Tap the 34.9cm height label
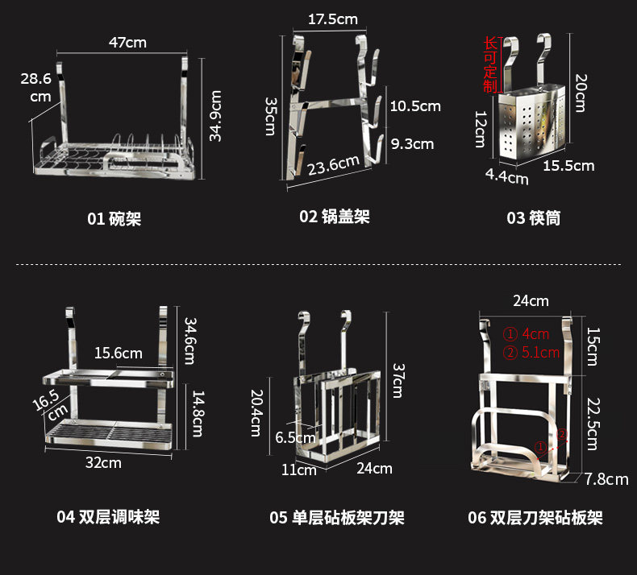click(216, 115)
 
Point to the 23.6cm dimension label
click(334, 164)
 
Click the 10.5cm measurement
click(415, 106)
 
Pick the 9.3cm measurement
click(412, 144)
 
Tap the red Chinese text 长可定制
click(489, 64)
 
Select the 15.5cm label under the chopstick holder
click(568, 165)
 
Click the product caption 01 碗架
click(114, 218)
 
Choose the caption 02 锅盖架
click(335, 216)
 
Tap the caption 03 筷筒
click(533, 217)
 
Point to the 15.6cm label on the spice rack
click(118, 353)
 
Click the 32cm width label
click(104, 462)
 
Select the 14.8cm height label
click(196, 410)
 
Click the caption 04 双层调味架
click(108, 516)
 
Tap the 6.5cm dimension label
click(295, 438)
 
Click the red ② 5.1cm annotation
click(531, 352)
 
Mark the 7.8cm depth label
click(606, 479)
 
